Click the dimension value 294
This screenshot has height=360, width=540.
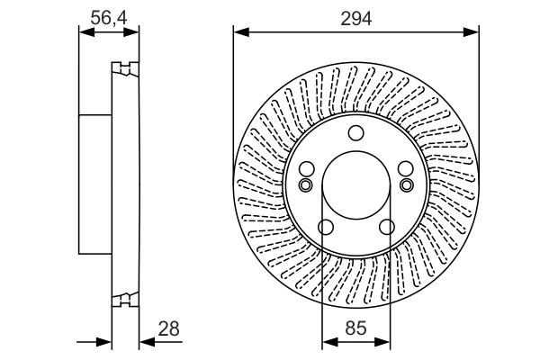[x=355, y=16]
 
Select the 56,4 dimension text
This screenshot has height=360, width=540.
[x=109, y=15]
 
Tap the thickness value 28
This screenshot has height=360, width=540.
[x=168, y=329]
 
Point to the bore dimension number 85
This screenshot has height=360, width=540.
[x=355, y=329]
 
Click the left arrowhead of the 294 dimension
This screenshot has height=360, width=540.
[x=239, y=33]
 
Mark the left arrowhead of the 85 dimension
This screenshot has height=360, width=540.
[x=327, y=342]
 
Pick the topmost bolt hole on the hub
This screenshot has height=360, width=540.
[x=355, y=135]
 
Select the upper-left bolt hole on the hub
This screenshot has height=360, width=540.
[x=306, y=170]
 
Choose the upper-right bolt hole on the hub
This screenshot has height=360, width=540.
[x=406, y=170]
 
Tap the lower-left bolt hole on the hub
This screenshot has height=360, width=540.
[x=326, y=229]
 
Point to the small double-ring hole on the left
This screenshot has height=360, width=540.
[x=305, y=185]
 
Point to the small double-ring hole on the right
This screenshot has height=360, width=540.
[x=407, y=185]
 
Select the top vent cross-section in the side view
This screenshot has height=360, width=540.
[x=124, y=68]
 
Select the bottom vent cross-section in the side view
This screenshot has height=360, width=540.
[x=124, y=301]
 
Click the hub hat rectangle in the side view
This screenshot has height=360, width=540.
[x=95, y=184]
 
